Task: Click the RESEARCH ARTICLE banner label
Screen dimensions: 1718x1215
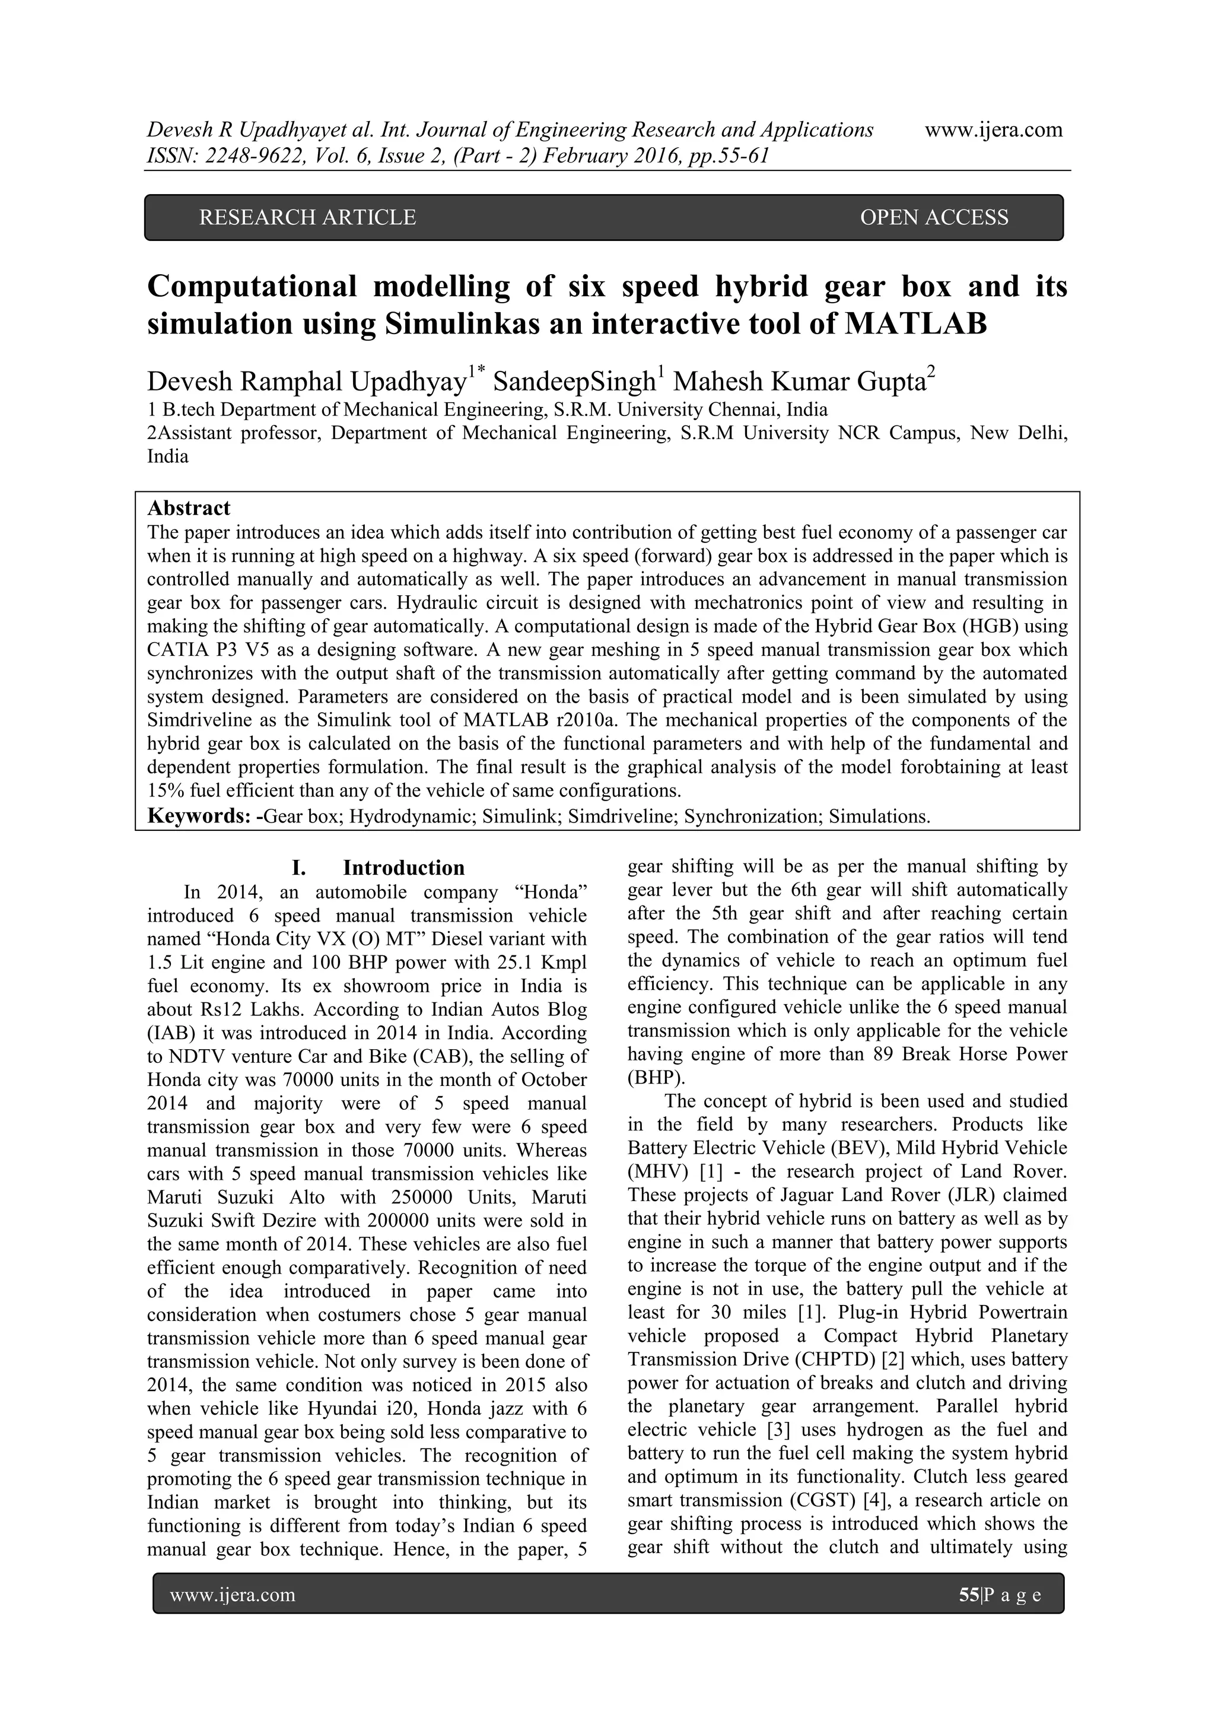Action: point(307,217)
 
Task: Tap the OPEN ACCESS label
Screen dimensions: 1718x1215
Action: point(934,217)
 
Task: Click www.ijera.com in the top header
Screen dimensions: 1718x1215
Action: point(994,129)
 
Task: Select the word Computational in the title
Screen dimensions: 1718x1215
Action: point(252,287)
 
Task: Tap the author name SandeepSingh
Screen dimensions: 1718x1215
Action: point(574,382)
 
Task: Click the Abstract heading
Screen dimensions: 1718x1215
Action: point(189,508)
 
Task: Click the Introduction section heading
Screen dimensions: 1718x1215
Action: point(403,868)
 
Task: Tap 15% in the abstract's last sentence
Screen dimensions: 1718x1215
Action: point(164,791)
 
